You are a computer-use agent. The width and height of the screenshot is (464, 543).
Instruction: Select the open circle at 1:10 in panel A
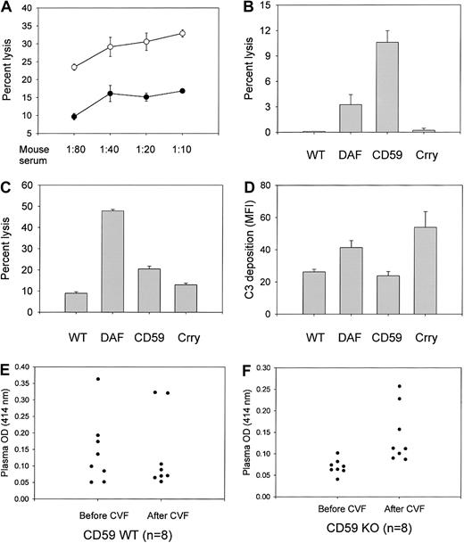(x=182, y=33)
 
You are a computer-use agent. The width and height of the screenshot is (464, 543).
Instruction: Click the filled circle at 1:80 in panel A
(x=74, y=117)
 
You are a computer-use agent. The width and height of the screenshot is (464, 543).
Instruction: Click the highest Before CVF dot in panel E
(x=98, y=379)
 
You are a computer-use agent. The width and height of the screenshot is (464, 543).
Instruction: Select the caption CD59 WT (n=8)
(x=120, y=533)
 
